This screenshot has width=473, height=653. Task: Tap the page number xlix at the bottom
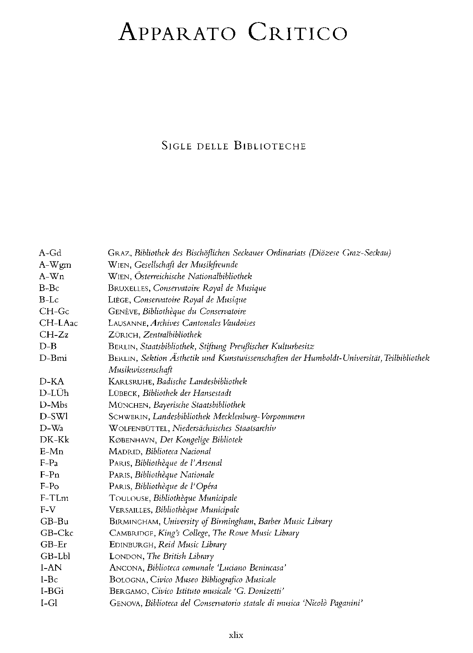236,635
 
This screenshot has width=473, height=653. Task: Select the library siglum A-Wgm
55,264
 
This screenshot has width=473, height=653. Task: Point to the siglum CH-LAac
58,323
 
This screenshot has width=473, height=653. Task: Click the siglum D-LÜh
54,393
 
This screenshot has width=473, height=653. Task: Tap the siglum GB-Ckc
57,533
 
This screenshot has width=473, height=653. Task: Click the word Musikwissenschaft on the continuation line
140,370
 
